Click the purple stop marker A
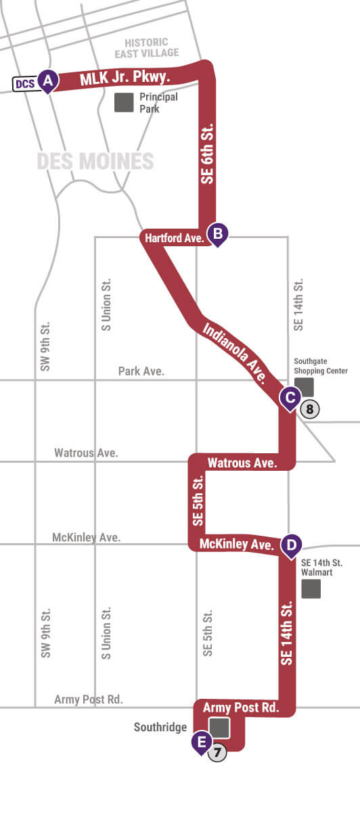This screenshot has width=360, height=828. [48, 81]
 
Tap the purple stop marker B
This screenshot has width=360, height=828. [218, 234]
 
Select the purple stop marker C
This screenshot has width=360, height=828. [290, 398]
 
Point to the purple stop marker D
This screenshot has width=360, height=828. [291, 544]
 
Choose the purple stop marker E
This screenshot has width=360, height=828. [200, 741]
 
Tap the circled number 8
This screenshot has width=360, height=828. [309, 409]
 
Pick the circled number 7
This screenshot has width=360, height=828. [217, 752]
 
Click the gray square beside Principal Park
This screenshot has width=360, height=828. [124, 102]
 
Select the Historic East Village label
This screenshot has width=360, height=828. [146, 47]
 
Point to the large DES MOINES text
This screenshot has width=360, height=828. [95, 162]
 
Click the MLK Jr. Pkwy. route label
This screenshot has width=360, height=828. [124, 77]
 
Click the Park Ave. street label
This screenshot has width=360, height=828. [141, 371]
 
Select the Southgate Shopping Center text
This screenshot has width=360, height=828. [320, 366]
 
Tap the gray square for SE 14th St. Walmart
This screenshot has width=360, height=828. [311, 589]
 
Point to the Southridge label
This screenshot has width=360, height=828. [160, 728]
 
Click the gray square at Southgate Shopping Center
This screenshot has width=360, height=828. [305, 387]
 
